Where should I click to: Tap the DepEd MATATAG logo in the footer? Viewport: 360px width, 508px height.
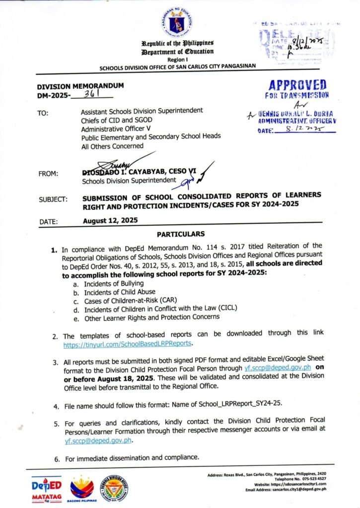coord(46,487)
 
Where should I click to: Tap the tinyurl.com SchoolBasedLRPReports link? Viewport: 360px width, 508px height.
coord(128,343)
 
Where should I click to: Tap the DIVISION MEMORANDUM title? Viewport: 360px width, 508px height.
coord(81,85)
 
